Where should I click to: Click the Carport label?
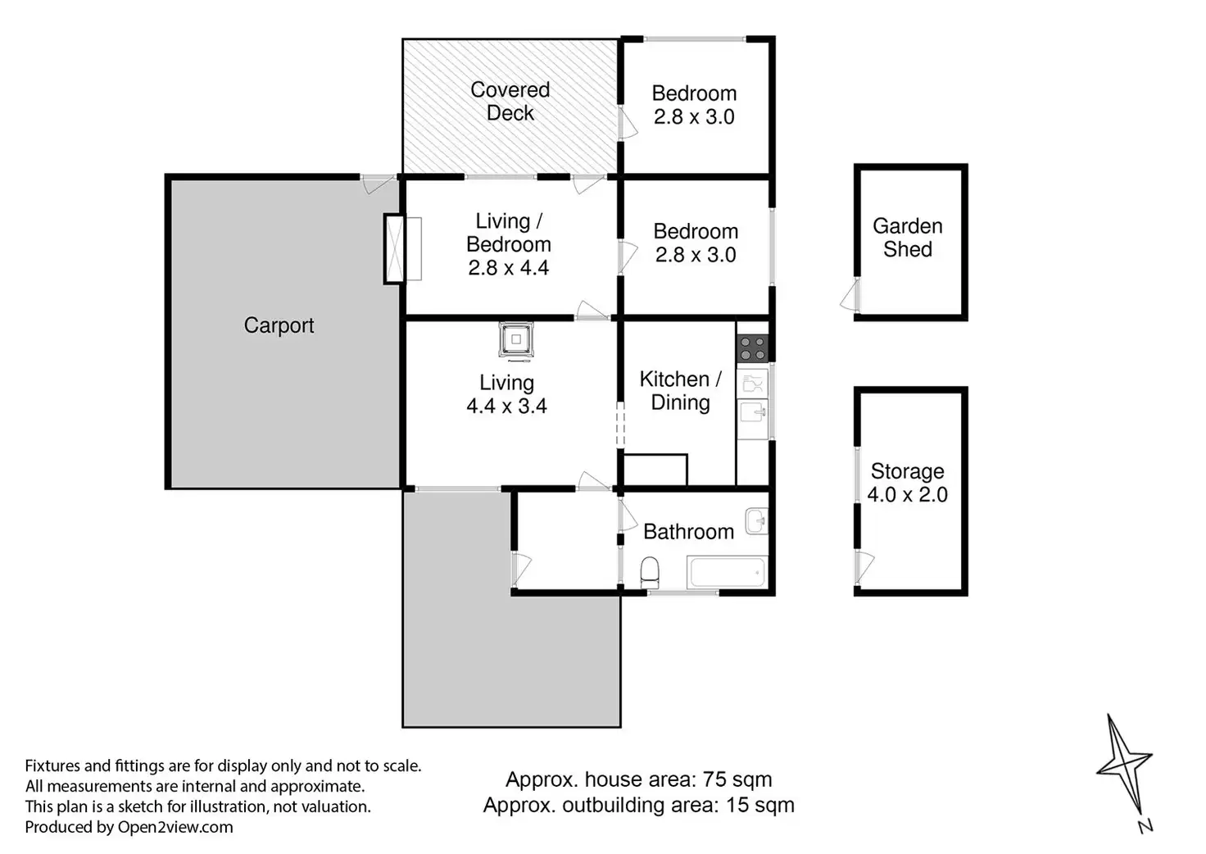[279, 325]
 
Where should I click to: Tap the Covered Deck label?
[510, 102]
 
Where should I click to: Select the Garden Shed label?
[908, 238]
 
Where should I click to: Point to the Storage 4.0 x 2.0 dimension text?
[907, 494]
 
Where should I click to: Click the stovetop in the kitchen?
[752, 348]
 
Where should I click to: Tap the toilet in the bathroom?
[650, 572]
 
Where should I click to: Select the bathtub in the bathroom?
[728, 572]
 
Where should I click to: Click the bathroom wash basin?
[757, 520]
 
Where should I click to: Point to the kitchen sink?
[752, 414]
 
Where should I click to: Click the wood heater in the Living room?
[516, 340]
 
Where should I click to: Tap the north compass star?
[1124, 764]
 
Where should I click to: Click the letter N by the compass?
[1145, 825]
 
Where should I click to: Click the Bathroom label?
[688, 532]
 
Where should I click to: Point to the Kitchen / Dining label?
[681, 392]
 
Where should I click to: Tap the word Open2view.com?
[175, 828]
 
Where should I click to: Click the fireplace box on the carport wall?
[394, 249]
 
